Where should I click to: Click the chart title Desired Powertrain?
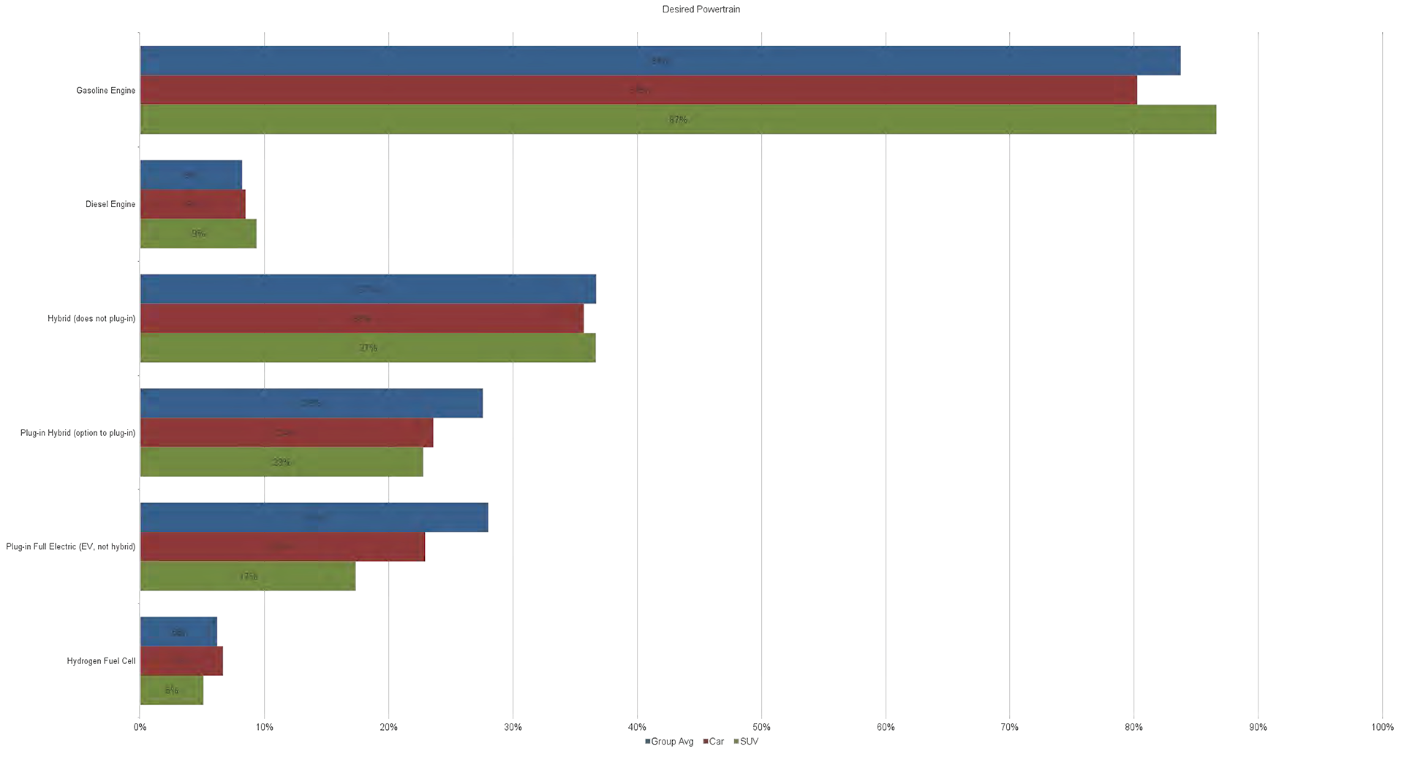tap(701, 10)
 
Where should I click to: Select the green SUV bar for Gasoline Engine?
tap(678, 119)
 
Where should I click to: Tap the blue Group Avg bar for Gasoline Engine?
tap(660, 61)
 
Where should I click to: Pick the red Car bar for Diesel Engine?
tap(192, 204)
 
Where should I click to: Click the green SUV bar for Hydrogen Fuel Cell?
tap(171, 690)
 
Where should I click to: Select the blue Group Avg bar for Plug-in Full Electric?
tap(314, 517)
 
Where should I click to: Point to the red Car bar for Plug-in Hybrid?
tap(286, 432)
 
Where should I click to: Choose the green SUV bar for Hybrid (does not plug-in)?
tap(367, 347)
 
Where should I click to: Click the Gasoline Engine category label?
tap(105, 91)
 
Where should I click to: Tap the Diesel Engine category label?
tap(110, 204)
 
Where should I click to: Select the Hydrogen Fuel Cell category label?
tap(101, 661)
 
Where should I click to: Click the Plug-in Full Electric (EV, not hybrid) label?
tap(70, 546)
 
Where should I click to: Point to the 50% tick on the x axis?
tap(761, 727)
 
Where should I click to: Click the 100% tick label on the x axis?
tap(1382, 727)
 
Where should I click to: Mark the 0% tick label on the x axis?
tap(140, 727)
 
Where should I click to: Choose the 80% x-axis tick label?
tap(1133, 727)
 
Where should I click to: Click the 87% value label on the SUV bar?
tap(678, 119)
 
